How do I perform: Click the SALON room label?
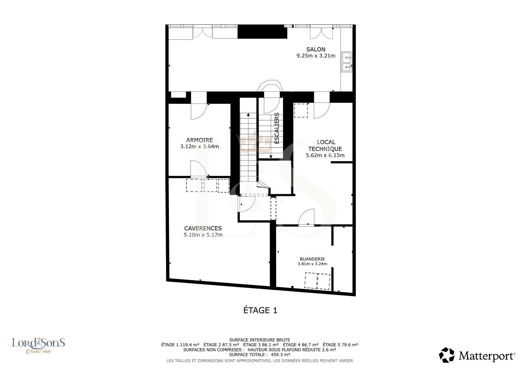point(316,49)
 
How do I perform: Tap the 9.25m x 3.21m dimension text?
point(316,56)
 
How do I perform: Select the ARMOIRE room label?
point(199,140)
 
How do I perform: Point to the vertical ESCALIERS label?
point(277,128)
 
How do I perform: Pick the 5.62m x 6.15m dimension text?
point(325,155)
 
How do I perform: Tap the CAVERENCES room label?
point(203,228)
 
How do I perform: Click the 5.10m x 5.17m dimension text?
point(203,235)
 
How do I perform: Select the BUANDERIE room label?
point(312,259)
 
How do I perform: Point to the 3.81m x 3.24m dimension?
point(312,264)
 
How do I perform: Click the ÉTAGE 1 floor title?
point(260,310)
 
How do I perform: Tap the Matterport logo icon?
point(446,355)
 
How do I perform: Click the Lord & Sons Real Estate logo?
point(38,346)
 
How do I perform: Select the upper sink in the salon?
point(346,57)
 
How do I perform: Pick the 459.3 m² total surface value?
point(280,355)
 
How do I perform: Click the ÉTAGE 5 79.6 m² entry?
point(340,345)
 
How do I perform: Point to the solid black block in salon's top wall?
point(262,31)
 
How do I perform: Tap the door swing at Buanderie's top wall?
point(306,217)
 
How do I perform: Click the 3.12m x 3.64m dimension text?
point(199,146)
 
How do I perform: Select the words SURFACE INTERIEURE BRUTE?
point(260,340)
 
